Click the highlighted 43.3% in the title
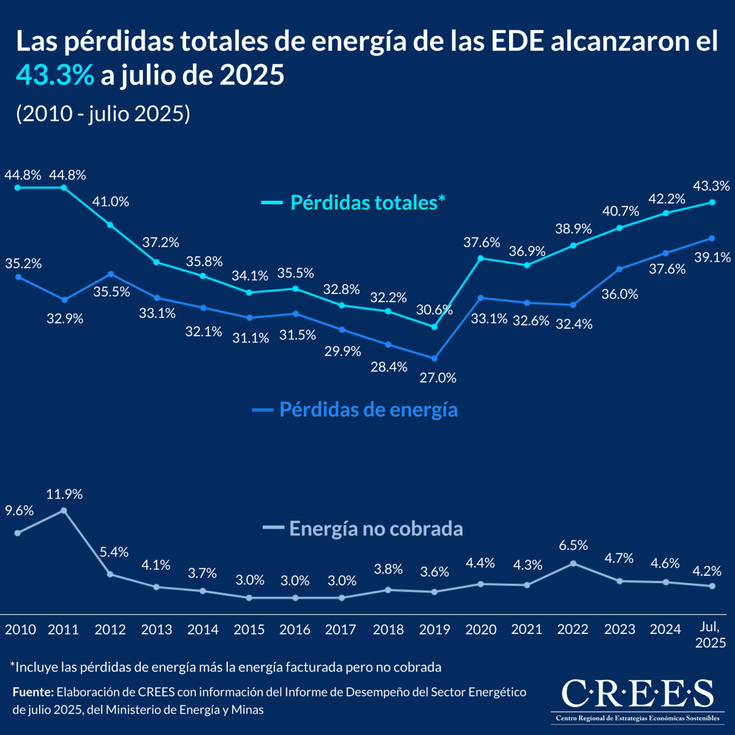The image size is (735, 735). tap(55, 75)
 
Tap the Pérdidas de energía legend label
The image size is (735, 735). tap(368, 409)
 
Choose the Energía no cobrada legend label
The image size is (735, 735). tap(375, 529)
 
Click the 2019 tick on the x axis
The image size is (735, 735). tap(434, 630)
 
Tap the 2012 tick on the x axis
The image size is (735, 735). tap(110, 630)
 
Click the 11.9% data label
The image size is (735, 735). tap(64, 494)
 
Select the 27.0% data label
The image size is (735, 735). tap(438, 378)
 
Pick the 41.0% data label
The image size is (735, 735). tap(110, 202)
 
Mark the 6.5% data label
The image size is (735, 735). tap(573, 545)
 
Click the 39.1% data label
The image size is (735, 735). tap(712, 258)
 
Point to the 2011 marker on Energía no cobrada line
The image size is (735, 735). tap(64, 510)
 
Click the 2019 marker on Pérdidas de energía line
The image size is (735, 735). tap(435, 358)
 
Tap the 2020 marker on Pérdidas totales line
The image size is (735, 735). tap(481, 258)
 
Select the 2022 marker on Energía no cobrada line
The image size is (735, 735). tap(573, 563)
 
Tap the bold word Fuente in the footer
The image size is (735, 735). tap(32, 692)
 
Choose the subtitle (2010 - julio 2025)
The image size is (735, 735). tap(103, 114)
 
